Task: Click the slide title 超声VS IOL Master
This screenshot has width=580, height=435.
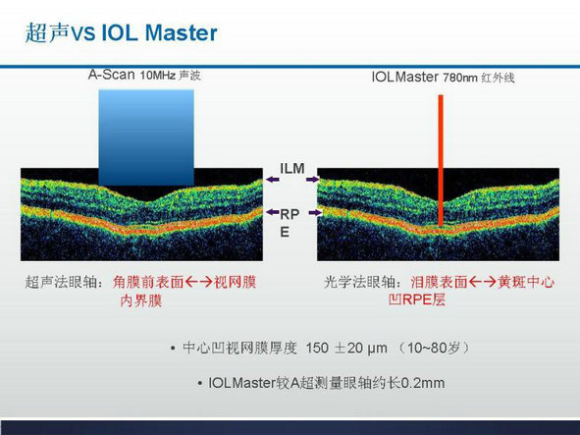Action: (x=122, y=32)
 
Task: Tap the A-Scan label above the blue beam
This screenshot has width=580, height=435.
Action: (x=111, y=75)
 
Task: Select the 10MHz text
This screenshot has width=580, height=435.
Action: (x=158, y=76)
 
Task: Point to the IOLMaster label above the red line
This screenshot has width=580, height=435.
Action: (x=404, y=77)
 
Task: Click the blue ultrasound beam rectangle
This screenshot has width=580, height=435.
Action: (x=146, y=137)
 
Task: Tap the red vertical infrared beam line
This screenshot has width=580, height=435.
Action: (x=441, y=160)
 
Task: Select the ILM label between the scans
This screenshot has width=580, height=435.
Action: (x=292, y=169)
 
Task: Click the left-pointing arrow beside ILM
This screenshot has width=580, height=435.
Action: (x=273, y=180)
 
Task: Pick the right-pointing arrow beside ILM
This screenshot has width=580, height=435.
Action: (x=312, y=180)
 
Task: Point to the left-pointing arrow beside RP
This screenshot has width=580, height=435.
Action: (x=273, y=212)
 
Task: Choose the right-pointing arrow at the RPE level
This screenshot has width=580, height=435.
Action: (x=315, y=212)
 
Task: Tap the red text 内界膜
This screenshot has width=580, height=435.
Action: (x=141, y=300)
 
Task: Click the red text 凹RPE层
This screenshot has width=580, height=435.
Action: (x=417, y=299)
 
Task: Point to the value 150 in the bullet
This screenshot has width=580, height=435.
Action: (x=317, y=348)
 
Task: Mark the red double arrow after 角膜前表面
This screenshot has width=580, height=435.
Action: (x=198, y=283)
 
